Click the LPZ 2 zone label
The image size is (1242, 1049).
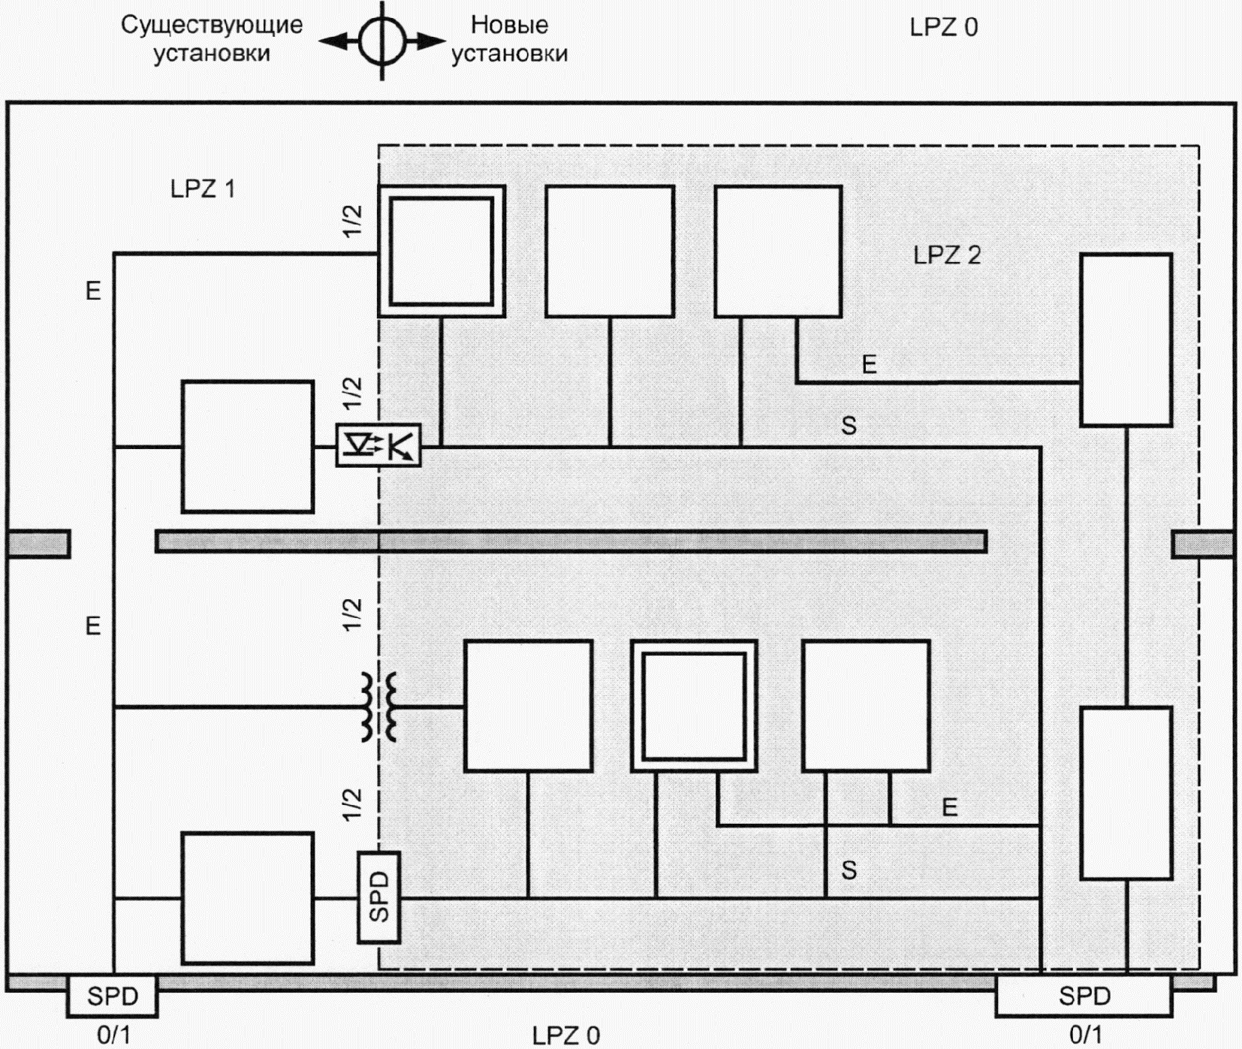[947, 255]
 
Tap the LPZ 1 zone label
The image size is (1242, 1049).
[203, 188]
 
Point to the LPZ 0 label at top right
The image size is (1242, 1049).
[944, 27]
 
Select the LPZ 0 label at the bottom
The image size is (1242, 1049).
[566, 1035]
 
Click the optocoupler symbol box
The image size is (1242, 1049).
[378, 445]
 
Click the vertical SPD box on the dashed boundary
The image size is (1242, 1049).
[378, 897]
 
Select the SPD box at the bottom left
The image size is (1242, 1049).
[113, 996]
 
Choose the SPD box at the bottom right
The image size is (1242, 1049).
[1084, 996]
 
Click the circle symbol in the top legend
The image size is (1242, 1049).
[382, 41]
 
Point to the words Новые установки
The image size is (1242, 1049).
[509, 40]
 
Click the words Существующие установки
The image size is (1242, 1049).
[212, 40]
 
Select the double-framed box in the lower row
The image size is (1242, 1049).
[694, 707]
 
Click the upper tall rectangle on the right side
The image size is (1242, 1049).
[1126, 340]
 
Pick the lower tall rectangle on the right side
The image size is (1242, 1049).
[1126, 793]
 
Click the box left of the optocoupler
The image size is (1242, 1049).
[248, 447]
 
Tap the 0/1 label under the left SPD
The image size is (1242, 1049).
[113, 1035]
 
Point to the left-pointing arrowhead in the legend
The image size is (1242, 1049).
[334, 42]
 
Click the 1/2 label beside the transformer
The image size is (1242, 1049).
[352, 615]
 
